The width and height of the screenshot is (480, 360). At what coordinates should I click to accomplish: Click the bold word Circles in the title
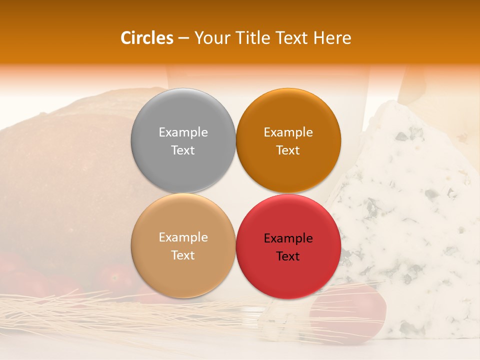coord(146,38)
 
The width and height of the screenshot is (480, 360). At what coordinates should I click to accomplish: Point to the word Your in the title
coord(210,38)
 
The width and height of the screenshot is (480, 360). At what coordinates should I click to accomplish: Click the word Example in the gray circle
coord(183,132)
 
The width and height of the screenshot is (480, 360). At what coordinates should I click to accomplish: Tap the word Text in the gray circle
coord(183,150)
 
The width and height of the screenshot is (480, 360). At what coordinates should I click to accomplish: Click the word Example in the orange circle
coord(288,132)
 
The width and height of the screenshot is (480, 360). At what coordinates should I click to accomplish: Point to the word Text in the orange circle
coord(288,150)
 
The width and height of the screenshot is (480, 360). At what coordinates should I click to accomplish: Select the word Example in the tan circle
coord(183,237)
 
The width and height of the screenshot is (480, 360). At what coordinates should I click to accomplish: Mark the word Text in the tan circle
coord(183,255)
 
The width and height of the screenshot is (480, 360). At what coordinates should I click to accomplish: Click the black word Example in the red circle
coord(288,238)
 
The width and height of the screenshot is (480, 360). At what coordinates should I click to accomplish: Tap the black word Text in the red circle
coord(288,256)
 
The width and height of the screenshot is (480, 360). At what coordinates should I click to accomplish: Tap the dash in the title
coord(183,38)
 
